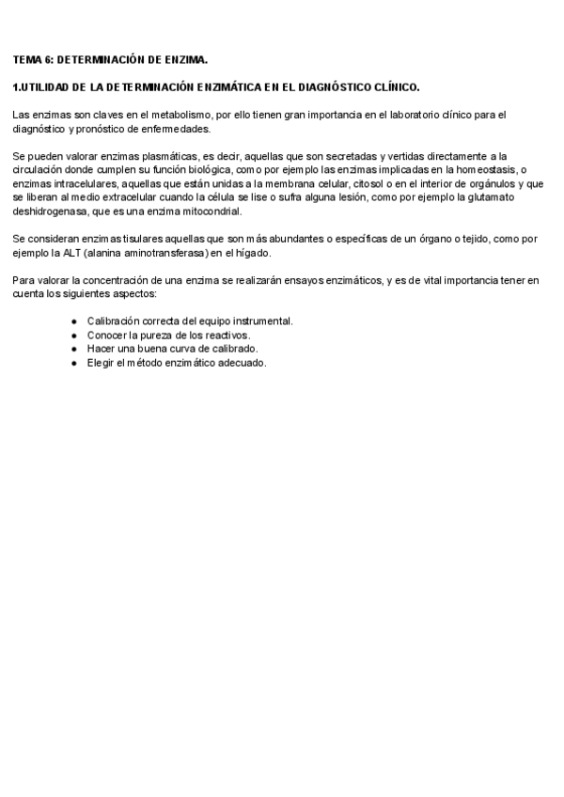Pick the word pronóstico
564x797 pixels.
[98, 129]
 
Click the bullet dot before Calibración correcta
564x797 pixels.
[74, 321]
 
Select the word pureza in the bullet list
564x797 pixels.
[155, 335]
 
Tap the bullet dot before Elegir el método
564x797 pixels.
[74, 363]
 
